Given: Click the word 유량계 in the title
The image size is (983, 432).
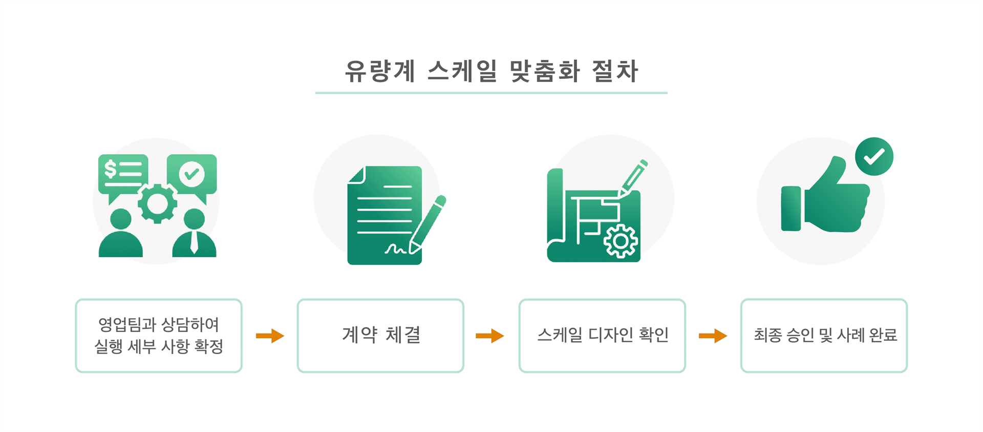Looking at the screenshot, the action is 379,71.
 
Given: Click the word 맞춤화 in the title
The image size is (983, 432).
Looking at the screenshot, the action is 545,71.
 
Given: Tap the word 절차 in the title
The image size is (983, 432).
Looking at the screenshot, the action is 615,71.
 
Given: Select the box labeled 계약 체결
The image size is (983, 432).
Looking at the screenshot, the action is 380,336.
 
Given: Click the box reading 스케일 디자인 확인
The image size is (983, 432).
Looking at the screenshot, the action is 602,336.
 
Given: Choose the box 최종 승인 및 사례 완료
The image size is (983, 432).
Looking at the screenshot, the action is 824,336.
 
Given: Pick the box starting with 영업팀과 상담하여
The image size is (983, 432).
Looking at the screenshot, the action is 159,336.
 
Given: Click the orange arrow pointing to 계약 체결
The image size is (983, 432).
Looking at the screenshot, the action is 270,336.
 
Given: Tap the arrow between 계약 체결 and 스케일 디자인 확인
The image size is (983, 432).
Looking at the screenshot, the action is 490,336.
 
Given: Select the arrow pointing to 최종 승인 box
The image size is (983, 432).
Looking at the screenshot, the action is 713,336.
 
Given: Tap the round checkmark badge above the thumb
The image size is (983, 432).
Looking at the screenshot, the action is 874,156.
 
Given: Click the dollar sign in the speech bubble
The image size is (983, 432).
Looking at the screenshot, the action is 110,169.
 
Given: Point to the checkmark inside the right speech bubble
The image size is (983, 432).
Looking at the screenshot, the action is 191,174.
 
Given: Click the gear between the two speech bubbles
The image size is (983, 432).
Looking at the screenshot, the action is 157,203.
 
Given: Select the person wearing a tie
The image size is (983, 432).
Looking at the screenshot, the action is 194,234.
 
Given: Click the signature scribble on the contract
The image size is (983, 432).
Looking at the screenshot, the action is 396,250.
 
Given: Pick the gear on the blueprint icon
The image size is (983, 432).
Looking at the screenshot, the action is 621,241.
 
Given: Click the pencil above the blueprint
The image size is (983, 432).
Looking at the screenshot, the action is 633,177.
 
